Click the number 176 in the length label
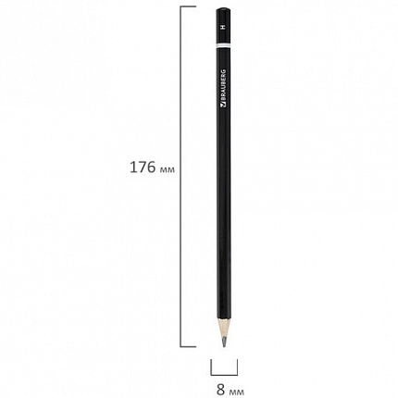pos(143,168)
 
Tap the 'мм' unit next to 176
pos(168,169)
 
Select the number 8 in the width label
pos(221,390)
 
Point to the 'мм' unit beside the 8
pos(236,392)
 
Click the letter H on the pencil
pos(223,27)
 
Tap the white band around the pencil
pos(223,44)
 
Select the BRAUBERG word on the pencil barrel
pos(224,84)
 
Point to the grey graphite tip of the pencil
pos(224,342)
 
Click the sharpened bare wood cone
pos(224,327)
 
